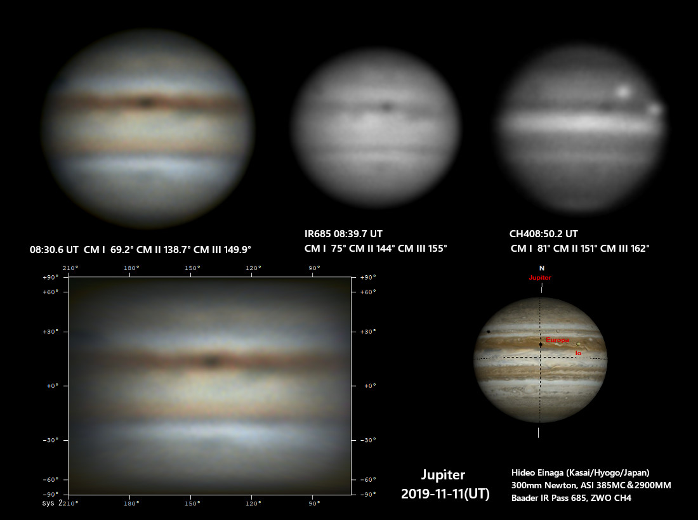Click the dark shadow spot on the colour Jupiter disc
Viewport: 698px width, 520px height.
(x=145, y=102)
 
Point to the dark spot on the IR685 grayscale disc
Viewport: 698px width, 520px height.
(x=387, y=107)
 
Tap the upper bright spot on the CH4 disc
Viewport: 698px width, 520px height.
(x=623, y=91)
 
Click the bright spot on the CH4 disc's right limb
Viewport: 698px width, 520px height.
(x=655, y=108)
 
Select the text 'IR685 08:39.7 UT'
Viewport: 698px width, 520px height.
(x=343, y=234)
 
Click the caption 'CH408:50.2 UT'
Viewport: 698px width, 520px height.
(x=544, y=234)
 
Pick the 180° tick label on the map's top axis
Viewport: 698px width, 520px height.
(x=131, y=268)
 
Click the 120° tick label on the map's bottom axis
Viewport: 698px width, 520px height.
(x=253, y=504)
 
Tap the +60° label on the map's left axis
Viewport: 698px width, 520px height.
(x=50, y=292)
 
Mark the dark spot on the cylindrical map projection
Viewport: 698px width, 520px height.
(x=212, y=361)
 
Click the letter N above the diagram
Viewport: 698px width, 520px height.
(x=542, y=268)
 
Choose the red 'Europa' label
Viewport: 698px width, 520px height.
(x=557, y=340)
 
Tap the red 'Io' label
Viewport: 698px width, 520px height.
(x=578, y=353)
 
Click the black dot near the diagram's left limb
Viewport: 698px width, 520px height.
(x=489, y=332)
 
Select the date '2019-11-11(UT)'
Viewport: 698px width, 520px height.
(x=445, y=494)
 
